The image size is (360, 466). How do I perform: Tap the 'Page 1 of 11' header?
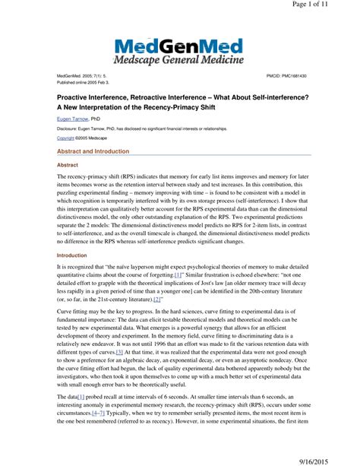[330, 5]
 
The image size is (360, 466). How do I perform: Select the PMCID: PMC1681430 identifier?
[286, 77]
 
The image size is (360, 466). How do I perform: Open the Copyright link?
[66, 138]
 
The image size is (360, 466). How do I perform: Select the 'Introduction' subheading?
[73, 256]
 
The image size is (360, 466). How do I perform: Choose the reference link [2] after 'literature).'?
[158, 300]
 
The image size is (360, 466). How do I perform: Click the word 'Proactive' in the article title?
[76, 97]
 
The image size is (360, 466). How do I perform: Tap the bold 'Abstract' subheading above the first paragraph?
[68, 164]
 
